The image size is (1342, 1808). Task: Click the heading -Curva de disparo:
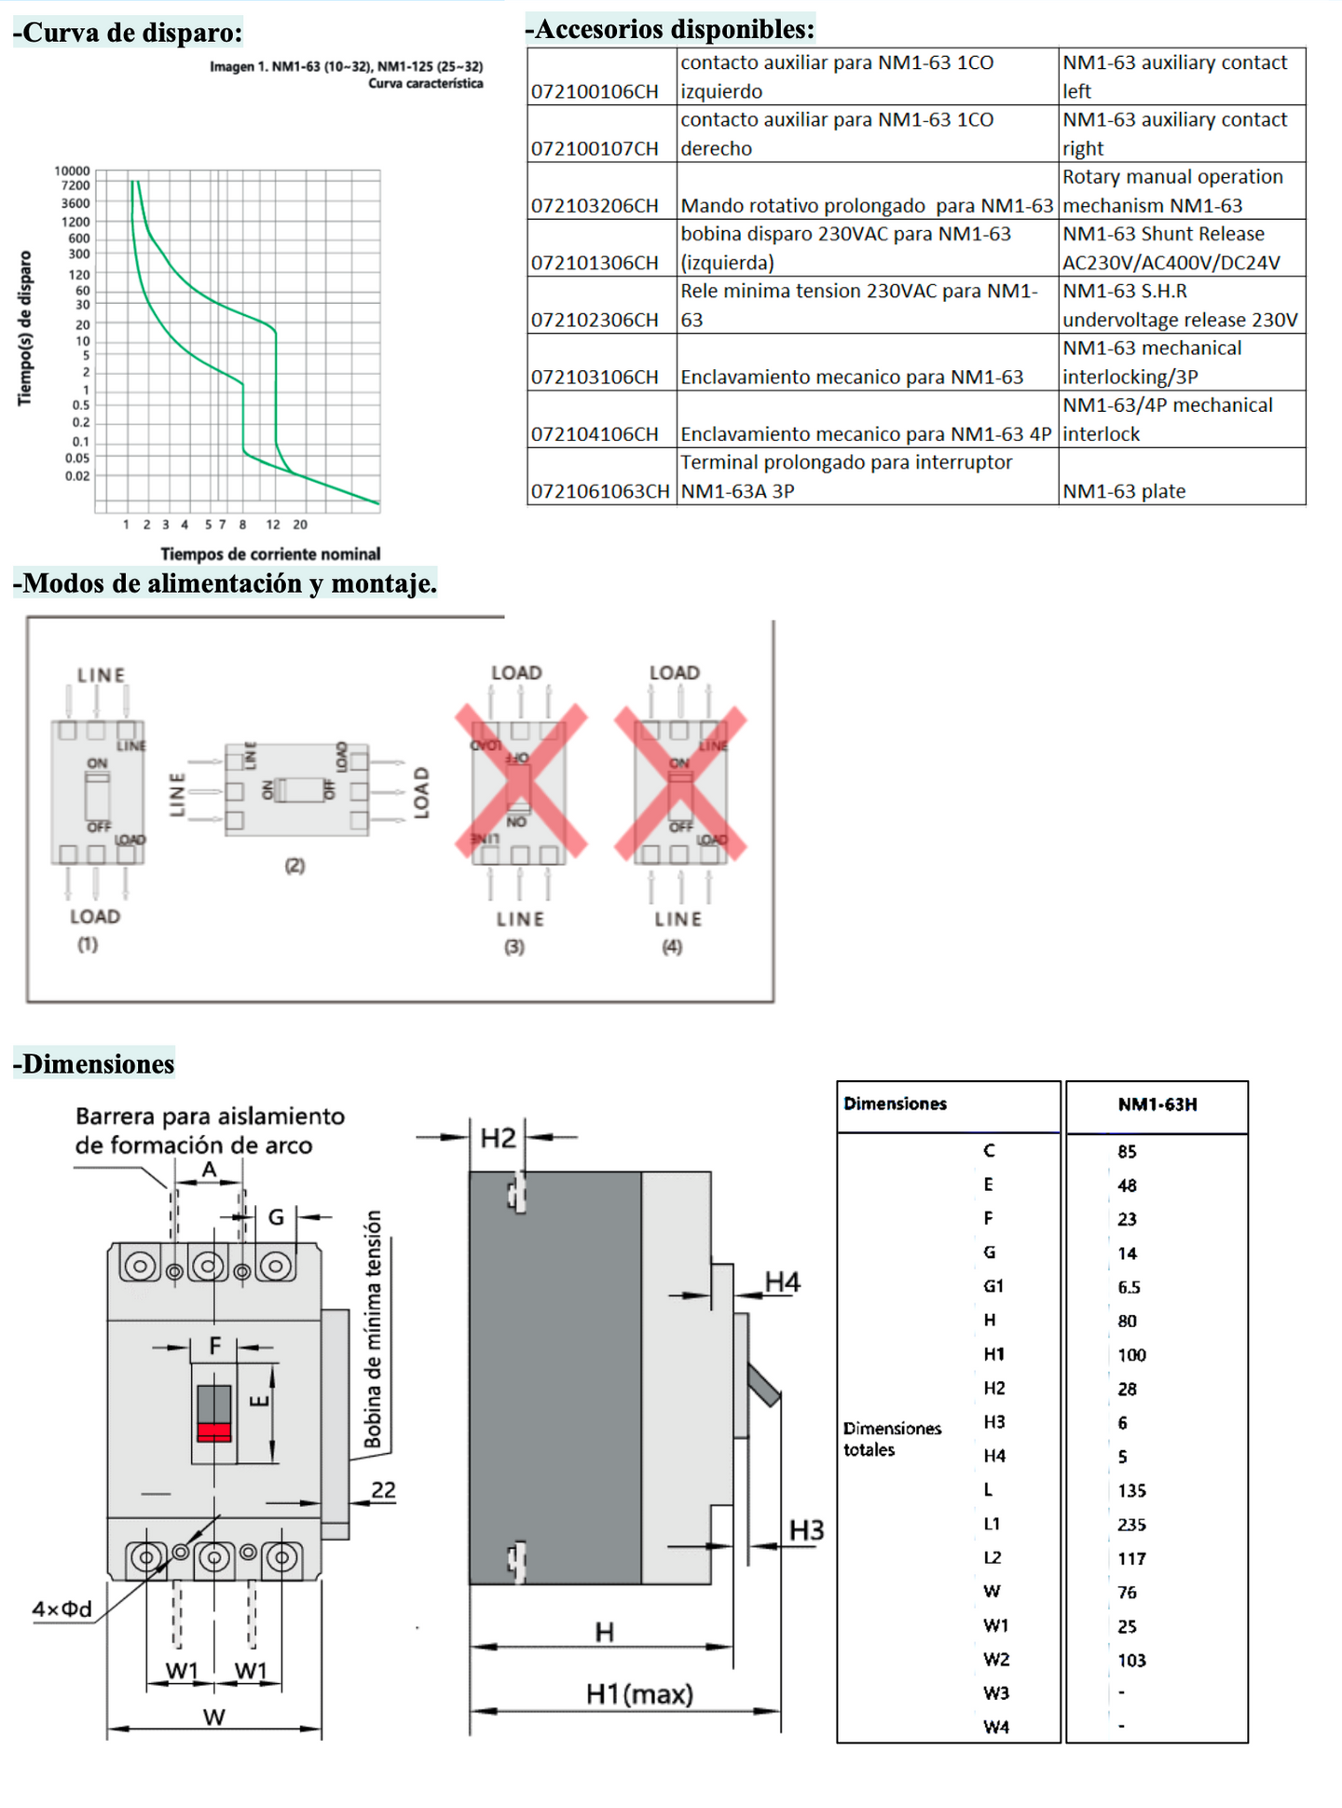click(x=128, y=33)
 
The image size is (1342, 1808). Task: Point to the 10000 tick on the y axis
click(x=72, y=171)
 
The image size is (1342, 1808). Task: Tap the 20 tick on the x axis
click(x=300, y=525)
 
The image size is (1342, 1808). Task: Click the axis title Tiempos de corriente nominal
click(x=270, y=554)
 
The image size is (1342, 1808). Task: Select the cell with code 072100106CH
click(x=595, y=91)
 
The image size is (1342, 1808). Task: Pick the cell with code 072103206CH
click(x=595, y=205)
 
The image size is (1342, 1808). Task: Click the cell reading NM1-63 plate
click(x=1124, y=491)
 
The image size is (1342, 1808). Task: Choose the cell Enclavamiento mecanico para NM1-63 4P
click(x=866, y=433)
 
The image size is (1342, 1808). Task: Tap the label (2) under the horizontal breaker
click(x=294, y=866)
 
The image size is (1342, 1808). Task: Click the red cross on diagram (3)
click(x=520, y=781)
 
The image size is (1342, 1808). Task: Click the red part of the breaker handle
click(x=214, y=1431)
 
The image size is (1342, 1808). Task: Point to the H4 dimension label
click(x=783, y=1282)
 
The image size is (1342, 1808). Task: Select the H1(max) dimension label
click(x=639, y=1693)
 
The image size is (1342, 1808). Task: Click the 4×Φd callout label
click(x=62, y=1609)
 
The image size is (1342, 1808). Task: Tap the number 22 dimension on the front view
click(x=383, y=1489)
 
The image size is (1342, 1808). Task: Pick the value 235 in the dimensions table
click(x=1131, y=1525)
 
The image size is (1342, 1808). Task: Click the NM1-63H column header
click(x=1157, y=1104)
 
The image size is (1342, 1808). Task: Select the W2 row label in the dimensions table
click(x=996, y=1660)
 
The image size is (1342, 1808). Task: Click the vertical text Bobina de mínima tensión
click(x=373, y=1329)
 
